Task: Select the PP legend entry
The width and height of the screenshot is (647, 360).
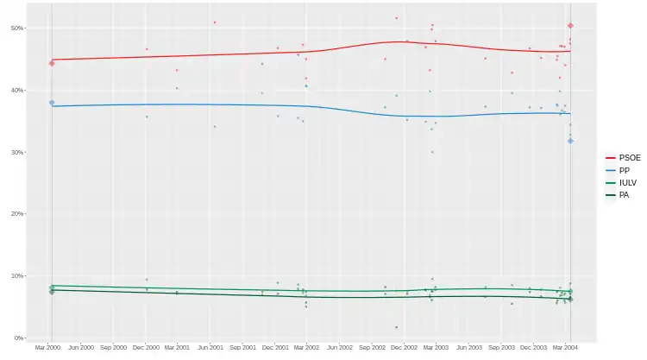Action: click(623, 171)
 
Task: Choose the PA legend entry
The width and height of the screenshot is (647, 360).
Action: click(623, 195)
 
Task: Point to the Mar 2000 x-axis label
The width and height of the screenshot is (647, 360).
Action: click(48, 347)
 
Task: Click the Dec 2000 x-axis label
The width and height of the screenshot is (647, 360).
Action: click(146, 347)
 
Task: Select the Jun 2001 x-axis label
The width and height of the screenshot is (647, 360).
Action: click(211, 347)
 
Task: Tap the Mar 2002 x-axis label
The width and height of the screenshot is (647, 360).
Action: click(306, 347)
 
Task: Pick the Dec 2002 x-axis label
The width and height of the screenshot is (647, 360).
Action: click(404, 347)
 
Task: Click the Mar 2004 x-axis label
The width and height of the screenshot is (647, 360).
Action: click(566, 347)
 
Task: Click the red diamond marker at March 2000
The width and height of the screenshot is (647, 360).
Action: click(52, 63)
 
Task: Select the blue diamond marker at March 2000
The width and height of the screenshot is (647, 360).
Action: click(52, 103)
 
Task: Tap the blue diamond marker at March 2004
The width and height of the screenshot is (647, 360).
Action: click(570, 141)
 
